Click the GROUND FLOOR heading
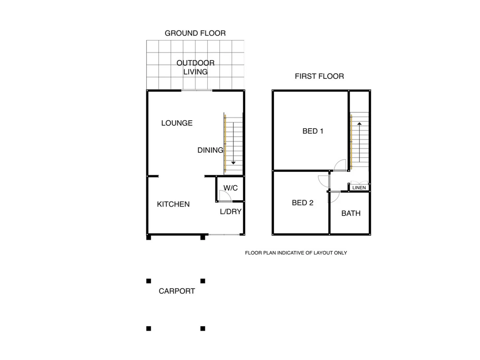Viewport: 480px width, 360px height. [x=195, y=33]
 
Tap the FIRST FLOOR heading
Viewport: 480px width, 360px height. [x=319, y=76]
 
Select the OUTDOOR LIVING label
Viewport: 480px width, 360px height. [x=196, y=67]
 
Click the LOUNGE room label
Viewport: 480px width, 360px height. [x=177, y=123]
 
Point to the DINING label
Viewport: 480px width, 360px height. [x=210, y=150]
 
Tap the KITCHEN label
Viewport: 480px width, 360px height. [x=173, y=204]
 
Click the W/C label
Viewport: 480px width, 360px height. [x=231, y=188]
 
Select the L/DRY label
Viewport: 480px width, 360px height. [x=231, y=212]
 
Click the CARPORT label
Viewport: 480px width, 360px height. [x=177, y=291]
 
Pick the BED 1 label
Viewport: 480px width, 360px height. [x=313, y=131]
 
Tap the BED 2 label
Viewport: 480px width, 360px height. [x=302, y=203]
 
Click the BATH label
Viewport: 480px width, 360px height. [x=351, y=213]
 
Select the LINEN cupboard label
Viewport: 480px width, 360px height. [x=359, y=188]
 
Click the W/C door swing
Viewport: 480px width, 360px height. [x=225, y=196]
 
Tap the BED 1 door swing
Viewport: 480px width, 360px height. [x=340, y=165]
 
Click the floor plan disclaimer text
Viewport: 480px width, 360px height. [x=296, y=253]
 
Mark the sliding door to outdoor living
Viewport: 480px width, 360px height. [x=197, y=90]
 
